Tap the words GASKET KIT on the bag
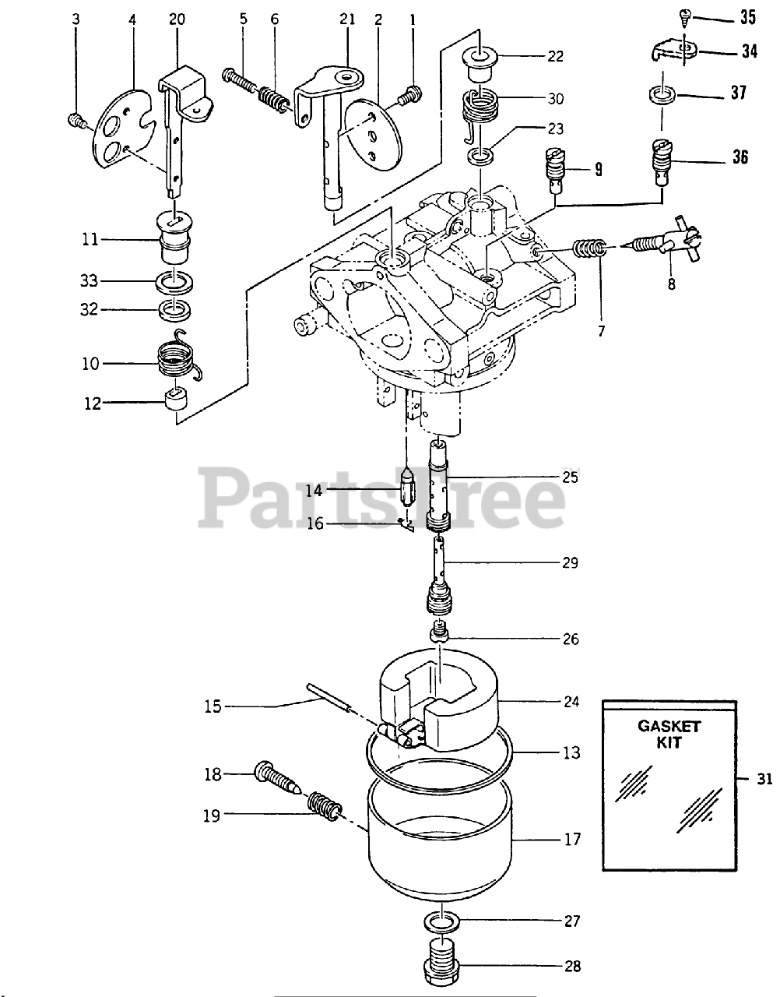669,735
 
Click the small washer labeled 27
442,923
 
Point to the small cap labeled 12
177,402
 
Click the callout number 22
577,56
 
